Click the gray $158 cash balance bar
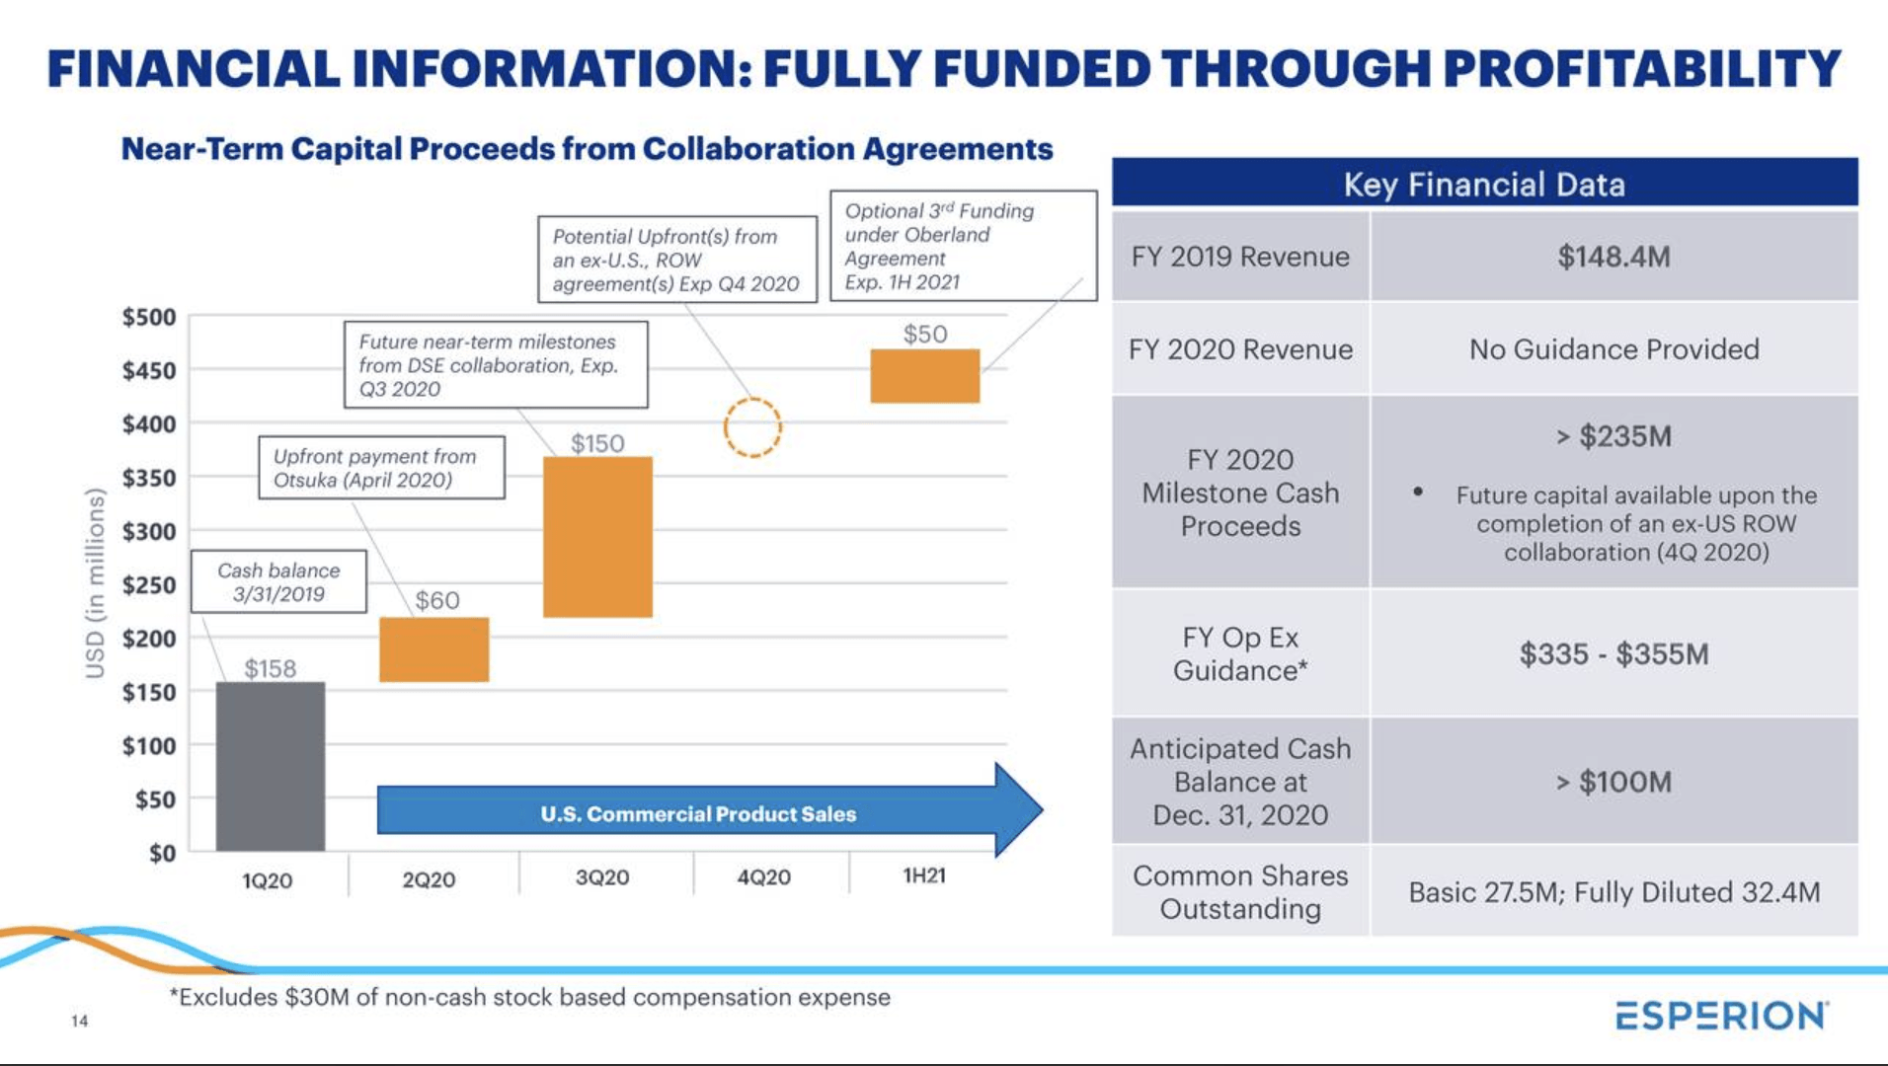(270, 766)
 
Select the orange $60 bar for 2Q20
(433, 649)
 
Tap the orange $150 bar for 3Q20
(597, 537)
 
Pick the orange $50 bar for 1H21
(924, 375)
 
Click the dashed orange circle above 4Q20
(752, 427)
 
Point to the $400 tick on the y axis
(149, 424)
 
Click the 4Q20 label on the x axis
(763, 877)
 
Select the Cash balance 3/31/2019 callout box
(278, 582)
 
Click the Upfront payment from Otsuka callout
(381, 468)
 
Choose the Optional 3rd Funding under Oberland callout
(962, 246)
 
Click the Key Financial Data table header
(1483, 184)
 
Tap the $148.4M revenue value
(1613, 257)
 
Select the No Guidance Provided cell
(1613, 349)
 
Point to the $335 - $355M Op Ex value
(1613, 653)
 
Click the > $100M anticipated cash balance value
(1613, 782)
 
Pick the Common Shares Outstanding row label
(1240, 892)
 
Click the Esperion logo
(1721, 1016)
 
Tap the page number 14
(79, 1021)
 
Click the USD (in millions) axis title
(95, 582)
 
